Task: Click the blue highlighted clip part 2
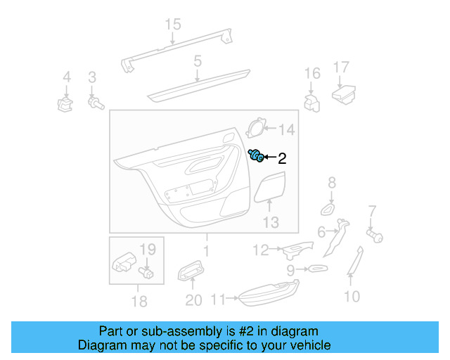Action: (257, 156)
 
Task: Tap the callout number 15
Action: (173, 25)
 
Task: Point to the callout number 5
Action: (198, 61)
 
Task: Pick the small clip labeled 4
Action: (66, 104)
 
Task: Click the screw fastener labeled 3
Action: (94, 103)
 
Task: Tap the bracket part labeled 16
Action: (311, 102)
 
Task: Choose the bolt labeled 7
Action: (373, 236)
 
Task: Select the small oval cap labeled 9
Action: (317, 269)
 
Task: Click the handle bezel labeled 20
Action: (191, 270)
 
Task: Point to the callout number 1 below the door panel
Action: (206, 250)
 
